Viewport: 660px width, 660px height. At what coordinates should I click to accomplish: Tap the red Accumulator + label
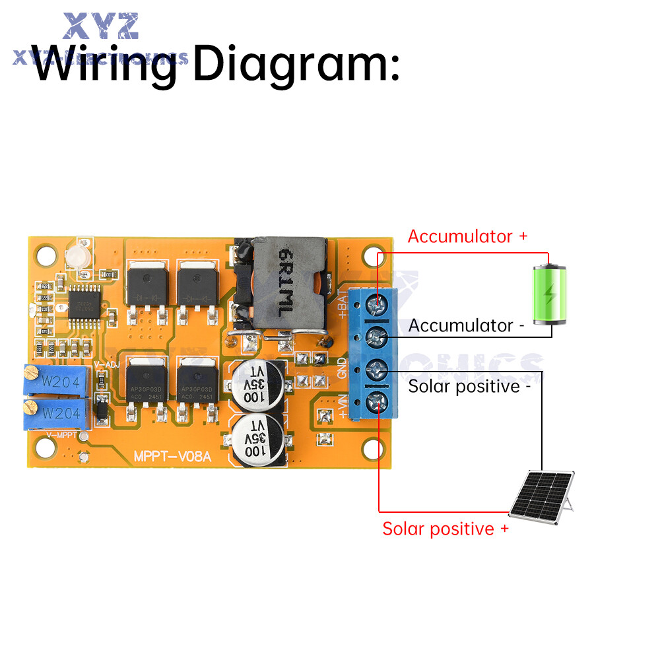tap(467, 236)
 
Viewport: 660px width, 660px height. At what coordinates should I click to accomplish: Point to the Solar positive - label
tap(469, 386)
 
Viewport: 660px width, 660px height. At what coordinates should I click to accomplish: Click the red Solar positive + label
tap(445, 529)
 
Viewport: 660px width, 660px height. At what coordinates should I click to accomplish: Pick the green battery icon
tap(550, 294)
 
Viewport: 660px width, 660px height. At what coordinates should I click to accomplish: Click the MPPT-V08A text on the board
tap(172, 456)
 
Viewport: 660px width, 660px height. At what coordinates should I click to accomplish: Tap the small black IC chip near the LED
tap(84, 302)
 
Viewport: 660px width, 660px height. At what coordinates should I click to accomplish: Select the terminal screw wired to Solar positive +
tap(377, 400)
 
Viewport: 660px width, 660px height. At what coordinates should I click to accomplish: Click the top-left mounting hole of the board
tap(45, 254)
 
